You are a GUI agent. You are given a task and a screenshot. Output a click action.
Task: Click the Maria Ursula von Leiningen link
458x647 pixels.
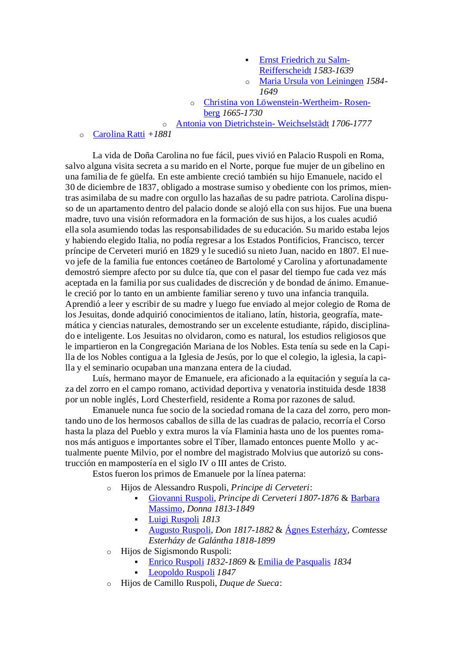pyautogui.click(x=311, y=81)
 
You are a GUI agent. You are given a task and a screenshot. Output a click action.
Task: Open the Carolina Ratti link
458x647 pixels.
pyautogui.click(x=119, y=134)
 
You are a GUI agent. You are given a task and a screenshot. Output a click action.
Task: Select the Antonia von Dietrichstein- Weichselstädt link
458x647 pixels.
pyautogui.click(x=252, y=124)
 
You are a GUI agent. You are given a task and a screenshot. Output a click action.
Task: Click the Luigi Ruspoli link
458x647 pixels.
pyautogui.click(x=174, y=520)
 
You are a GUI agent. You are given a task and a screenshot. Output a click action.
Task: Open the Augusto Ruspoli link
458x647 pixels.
pyautogui.click(x=179, y=530)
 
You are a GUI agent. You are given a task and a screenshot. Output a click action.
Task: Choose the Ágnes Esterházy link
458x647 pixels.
pyautogui.click(x=316, y=530)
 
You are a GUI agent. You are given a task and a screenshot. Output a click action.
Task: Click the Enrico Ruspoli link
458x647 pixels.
pyautogui.click(x=176, y=562)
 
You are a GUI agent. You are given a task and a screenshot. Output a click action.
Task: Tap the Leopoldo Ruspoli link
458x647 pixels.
pyautogui.click(x=181, y=573)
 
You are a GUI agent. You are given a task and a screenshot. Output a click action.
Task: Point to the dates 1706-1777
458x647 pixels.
pyautogui.click(x=351, y=124)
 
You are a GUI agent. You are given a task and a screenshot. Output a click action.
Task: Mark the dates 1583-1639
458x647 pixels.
pyautogui.click(x=333, y=71)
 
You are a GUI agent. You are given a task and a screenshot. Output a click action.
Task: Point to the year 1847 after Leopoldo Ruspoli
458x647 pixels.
pyautogui.click(x=226, y=573)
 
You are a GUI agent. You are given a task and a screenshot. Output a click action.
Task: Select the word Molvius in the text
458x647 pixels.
pyautogui.click(x=286, y=453)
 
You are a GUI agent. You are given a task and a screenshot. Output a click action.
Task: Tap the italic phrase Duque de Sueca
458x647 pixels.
pyautogui.click(x=249, y=583)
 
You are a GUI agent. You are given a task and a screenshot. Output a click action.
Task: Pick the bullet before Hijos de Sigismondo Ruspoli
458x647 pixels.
pyautogui.click(x=109, y=552)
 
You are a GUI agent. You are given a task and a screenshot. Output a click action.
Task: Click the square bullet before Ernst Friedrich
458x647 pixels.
pyautogui.click(x=247, y=60)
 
